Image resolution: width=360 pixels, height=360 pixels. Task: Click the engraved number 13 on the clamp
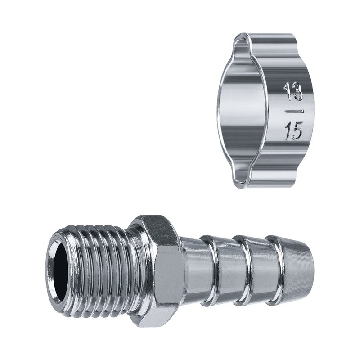[293, 92]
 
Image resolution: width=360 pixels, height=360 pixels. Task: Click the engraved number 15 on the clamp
[293, 131]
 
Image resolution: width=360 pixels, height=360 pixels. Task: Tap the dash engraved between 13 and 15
[294, 112]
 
